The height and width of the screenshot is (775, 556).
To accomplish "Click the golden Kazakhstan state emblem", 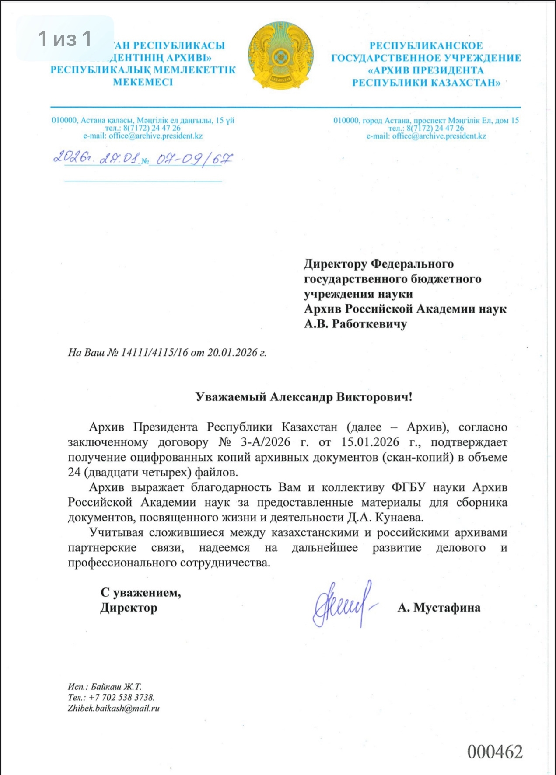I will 280,56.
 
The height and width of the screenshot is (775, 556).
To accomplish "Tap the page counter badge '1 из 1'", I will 65,38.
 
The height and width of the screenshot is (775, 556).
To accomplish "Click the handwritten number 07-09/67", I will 194,159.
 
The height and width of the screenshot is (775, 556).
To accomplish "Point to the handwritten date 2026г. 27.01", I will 96,158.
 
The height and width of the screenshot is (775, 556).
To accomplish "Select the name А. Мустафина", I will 439,608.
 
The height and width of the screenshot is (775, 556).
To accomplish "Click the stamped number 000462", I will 495,752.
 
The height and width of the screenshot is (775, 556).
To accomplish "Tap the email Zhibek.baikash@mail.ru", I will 113,708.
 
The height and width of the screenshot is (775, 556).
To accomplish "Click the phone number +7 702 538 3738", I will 121,697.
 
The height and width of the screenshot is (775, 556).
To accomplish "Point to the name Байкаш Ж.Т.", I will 116,686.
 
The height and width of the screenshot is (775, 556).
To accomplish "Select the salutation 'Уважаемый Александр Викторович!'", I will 304,397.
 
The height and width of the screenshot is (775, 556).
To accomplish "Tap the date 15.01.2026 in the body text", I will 370,442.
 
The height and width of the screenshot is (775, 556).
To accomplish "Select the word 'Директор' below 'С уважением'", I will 129,608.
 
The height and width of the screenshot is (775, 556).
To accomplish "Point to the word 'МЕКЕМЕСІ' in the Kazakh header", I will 143,82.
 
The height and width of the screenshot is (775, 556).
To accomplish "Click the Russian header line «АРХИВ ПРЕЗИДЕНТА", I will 426,70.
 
